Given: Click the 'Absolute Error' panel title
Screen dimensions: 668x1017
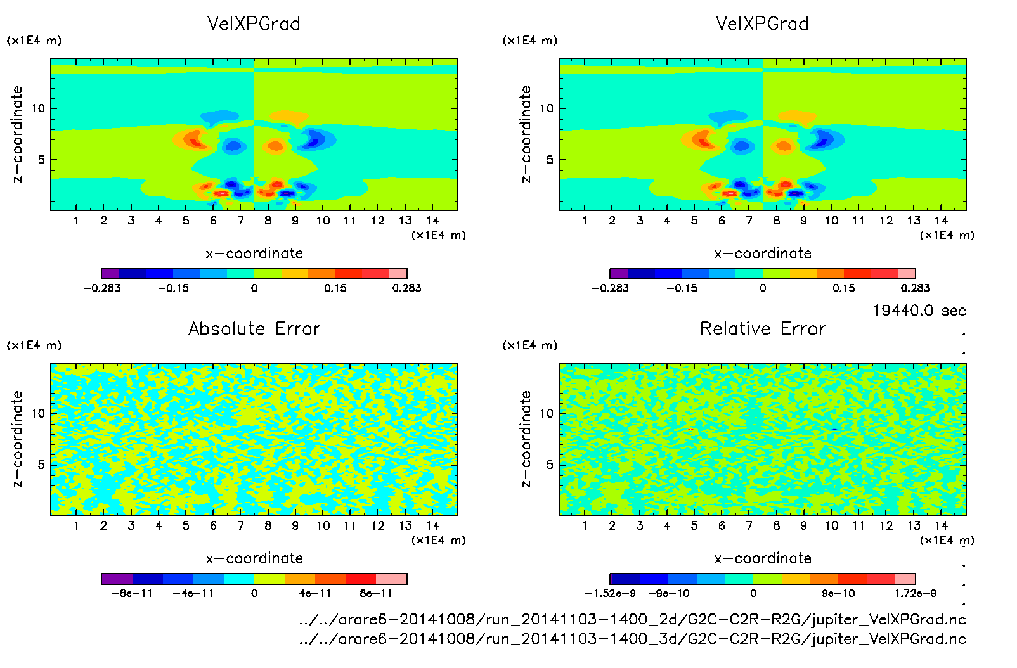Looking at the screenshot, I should click(254, 328).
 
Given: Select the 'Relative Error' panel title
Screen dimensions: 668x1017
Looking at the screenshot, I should click(763, 328).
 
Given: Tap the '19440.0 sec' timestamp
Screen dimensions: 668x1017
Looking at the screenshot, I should click(919, 311).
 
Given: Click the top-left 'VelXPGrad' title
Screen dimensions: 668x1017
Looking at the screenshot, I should click(254, 23).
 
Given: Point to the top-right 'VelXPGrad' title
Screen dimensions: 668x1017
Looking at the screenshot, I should click(762, 23).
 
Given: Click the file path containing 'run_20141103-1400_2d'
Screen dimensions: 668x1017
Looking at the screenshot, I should click(632, 619).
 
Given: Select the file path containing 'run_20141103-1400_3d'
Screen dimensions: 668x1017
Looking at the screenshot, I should click(632, 638).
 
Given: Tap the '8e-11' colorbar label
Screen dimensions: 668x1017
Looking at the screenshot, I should click(376, 593).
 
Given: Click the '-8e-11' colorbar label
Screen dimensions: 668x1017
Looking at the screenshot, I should click(132, 593).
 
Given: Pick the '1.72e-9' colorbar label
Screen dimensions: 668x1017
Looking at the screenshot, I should click(915, 593).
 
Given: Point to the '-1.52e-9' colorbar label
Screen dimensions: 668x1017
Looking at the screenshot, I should click(610, 593).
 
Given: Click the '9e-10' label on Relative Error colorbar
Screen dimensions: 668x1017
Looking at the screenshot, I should click(838, 593).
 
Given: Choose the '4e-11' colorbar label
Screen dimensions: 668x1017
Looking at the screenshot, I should click(315, 593).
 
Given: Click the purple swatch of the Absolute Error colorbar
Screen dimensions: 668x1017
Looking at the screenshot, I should click(117, 579).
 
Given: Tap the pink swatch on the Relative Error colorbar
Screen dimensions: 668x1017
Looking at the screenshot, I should click(905, 579).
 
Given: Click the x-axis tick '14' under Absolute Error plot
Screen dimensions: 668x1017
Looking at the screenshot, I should click(432, 525).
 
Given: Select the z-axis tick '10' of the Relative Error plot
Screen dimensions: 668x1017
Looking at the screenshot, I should click(547, 413).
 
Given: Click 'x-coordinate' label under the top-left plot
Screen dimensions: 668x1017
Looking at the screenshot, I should click(254, 254).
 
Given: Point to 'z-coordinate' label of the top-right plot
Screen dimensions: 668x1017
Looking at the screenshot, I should click(526, 134).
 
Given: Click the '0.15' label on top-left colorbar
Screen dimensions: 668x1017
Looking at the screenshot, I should click(335, 288).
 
